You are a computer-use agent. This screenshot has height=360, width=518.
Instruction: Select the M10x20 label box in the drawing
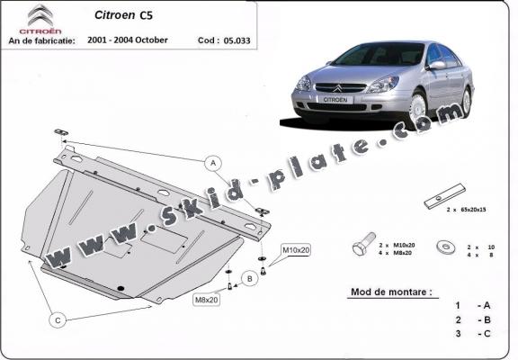pos(296,248)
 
